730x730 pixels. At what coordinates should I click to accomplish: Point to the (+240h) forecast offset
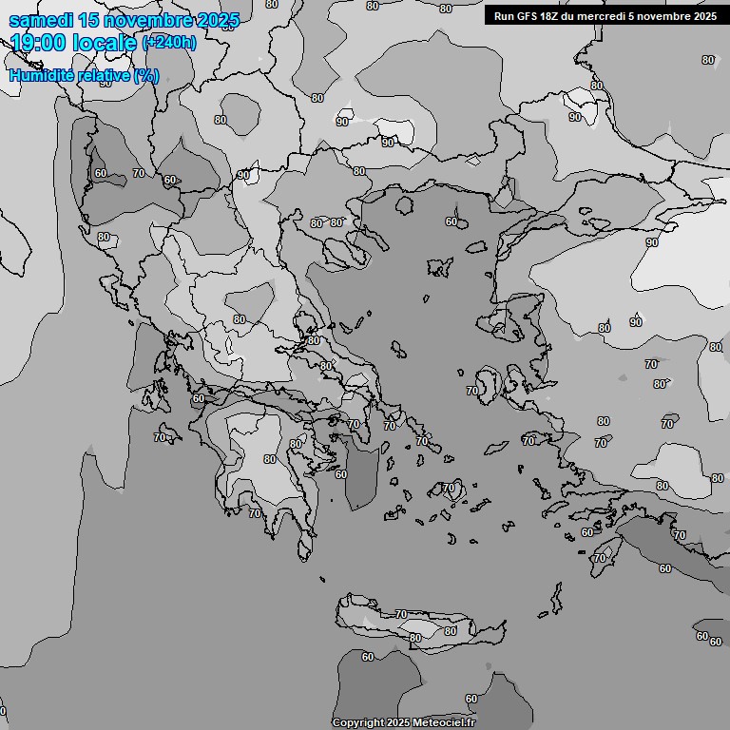[x=169, y=43]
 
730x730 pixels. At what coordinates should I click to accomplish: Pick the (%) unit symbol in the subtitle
[x=146, y=76]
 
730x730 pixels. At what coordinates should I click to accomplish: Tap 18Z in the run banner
[x=554, y=16]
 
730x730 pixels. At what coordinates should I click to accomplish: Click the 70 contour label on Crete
[x=401, y=615]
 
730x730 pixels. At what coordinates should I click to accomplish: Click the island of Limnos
[x=440, y=267]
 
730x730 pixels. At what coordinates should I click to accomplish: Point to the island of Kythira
[x=305, y=547]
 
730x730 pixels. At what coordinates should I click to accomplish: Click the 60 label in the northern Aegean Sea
[x=451, y=221]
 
